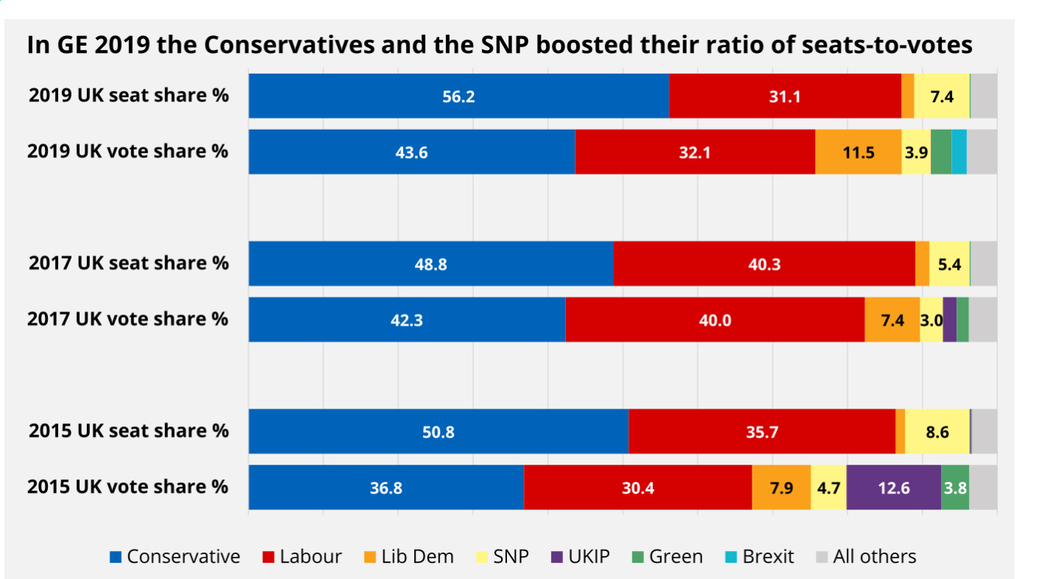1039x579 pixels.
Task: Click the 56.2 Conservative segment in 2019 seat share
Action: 458,96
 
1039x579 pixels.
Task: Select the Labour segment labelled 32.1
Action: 694,152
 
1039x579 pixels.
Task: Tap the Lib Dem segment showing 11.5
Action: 858,152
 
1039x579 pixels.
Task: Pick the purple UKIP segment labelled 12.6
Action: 893,488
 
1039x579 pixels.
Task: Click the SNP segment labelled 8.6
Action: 937,432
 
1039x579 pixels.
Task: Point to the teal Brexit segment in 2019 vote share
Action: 959,152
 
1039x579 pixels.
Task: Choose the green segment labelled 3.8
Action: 955,488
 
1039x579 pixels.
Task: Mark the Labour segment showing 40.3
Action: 764,264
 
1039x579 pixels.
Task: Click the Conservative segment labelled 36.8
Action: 386,488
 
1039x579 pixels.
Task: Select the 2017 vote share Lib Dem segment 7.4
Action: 892,320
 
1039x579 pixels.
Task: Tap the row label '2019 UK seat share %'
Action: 128,96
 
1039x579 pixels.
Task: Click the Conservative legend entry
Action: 175,556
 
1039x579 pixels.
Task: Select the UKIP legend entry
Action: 580,556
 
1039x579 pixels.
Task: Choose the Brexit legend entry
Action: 760,556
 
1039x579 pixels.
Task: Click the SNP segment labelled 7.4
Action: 942,96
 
